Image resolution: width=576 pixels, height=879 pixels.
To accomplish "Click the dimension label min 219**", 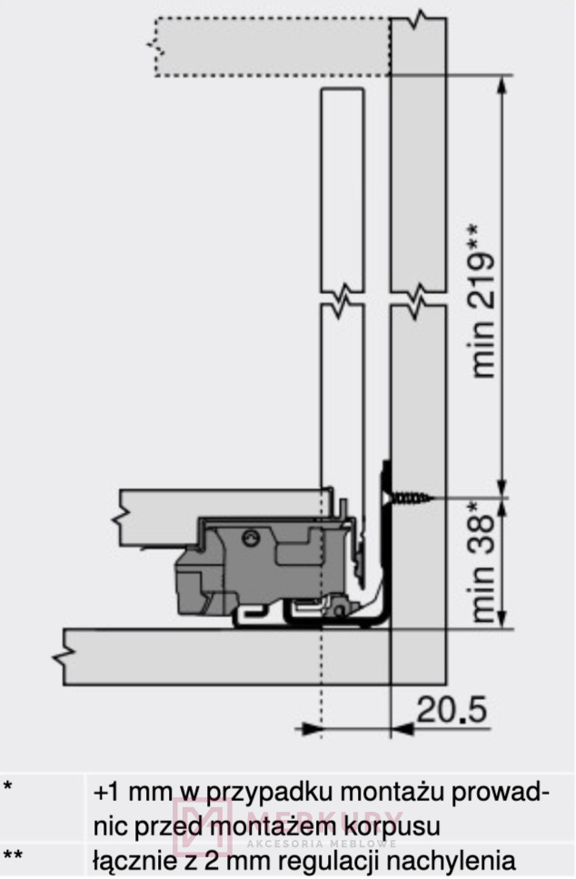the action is (482, 301).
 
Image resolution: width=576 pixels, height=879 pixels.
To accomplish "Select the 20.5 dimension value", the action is (452, 710).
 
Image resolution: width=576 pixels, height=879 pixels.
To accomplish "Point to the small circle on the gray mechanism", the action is (251, 538).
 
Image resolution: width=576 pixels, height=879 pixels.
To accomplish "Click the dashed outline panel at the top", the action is (273, 46).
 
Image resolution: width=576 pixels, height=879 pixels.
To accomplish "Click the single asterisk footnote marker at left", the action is (7, 785).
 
